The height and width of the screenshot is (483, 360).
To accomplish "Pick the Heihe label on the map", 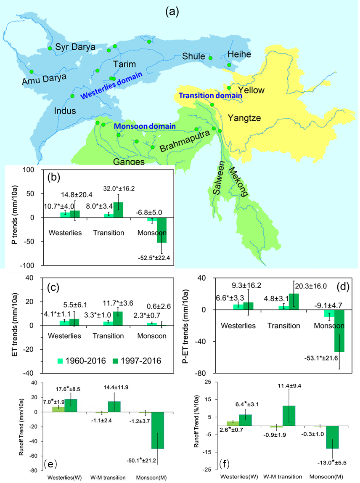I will click(x=239, y=54).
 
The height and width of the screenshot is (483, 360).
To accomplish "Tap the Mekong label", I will click(x=238, y=181).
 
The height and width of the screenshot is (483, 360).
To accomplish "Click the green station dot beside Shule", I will click(x=211, y=58).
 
